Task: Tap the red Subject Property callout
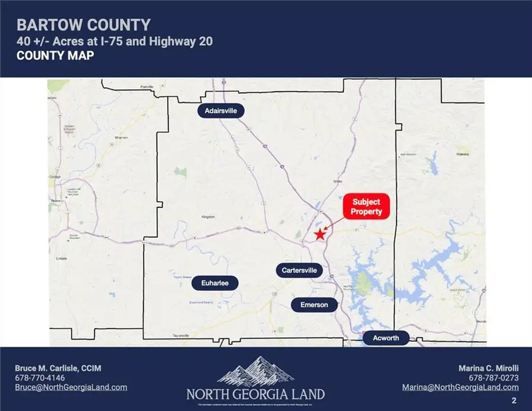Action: [366, 207]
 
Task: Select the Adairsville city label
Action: [220, 111]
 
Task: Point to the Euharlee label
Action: [215, 284]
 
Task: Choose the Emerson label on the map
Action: [314, 305]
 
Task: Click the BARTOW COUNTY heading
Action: [83, 25]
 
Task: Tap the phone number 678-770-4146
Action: [40, 378]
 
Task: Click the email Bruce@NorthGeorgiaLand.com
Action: [71, 387]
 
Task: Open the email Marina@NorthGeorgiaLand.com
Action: [460, 387]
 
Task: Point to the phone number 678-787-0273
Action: [494, 378]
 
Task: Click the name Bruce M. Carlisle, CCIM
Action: [58, 368]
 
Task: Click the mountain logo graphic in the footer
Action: [255, 371]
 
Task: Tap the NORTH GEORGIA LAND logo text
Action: [255, 394]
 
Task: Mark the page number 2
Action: [514, 400]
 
